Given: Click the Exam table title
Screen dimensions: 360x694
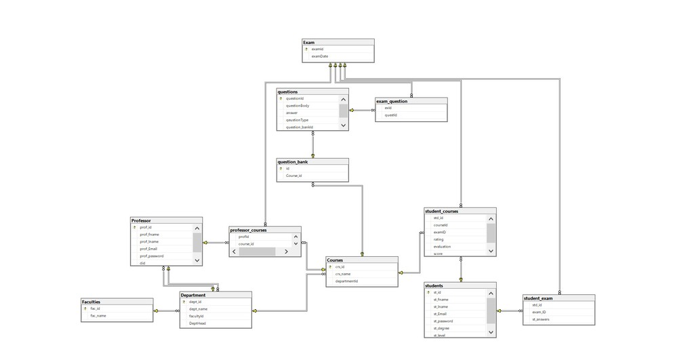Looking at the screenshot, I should point(309,43).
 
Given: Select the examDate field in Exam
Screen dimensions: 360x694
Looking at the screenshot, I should point(320,56).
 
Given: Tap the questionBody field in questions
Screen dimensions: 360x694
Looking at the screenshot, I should point(298,106).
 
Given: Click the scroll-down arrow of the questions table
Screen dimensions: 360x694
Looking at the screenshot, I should point(344,125).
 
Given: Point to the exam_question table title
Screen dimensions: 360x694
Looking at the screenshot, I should point(392,101).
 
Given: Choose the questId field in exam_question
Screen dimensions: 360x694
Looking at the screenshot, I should point(391,115).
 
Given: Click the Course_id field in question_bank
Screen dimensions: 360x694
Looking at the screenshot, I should point(293,176).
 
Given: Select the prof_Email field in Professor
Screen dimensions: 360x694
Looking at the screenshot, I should point(148,249).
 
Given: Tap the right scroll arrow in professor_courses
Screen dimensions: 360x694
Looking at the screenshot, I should point(287,252).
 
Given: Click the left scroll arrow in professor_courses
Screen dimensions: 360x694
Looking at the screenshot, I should point(234,252).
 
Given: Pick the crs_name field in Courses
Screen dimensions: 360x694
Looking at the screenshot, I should point(343,274).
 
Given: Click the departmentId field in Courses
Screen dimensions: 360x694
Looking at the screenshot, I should point(346,281).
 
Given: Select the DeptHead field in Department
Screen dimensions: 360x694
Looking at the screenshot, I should point(197,323).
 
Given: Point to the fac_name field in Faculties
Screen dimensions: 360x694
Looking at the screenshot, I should point(98,315).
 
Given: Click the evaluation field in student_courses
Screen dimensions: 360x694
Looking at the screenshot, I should point(442,246).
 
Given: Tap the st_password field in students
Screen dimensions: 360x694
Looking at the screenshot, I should point(444,321).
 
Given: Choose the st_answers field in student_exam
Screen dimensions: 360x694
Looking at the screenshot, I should point(541,319).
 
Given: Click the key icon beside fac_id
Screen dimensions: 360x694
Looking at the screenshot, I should point(85,308).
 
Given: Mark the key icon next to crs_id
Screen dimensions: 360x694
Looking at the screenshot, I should point(330,267).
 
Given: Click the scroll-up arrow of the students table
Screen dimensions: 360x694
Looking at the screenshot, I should point(491,293).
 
